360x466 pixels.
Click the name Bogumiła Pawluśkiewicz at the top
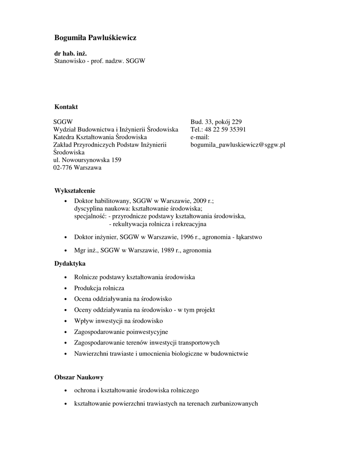95,38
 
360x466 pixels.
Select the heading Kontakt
66,106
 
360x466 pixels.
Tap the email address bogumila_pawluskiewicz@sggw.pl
238,145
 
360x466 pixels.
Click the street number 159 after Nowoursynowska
116,160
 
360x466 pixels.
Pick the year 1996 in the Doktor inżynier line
174,237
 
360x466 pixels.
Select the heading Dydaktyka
70,263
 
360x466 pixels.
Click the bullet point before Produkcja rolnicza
66,289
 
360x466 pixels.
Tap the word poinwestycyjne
146,332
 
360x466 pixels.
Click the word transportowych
198,343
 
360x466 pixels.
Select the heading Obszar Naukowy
79,377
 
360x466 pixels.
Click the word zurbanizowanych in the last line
235,403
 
